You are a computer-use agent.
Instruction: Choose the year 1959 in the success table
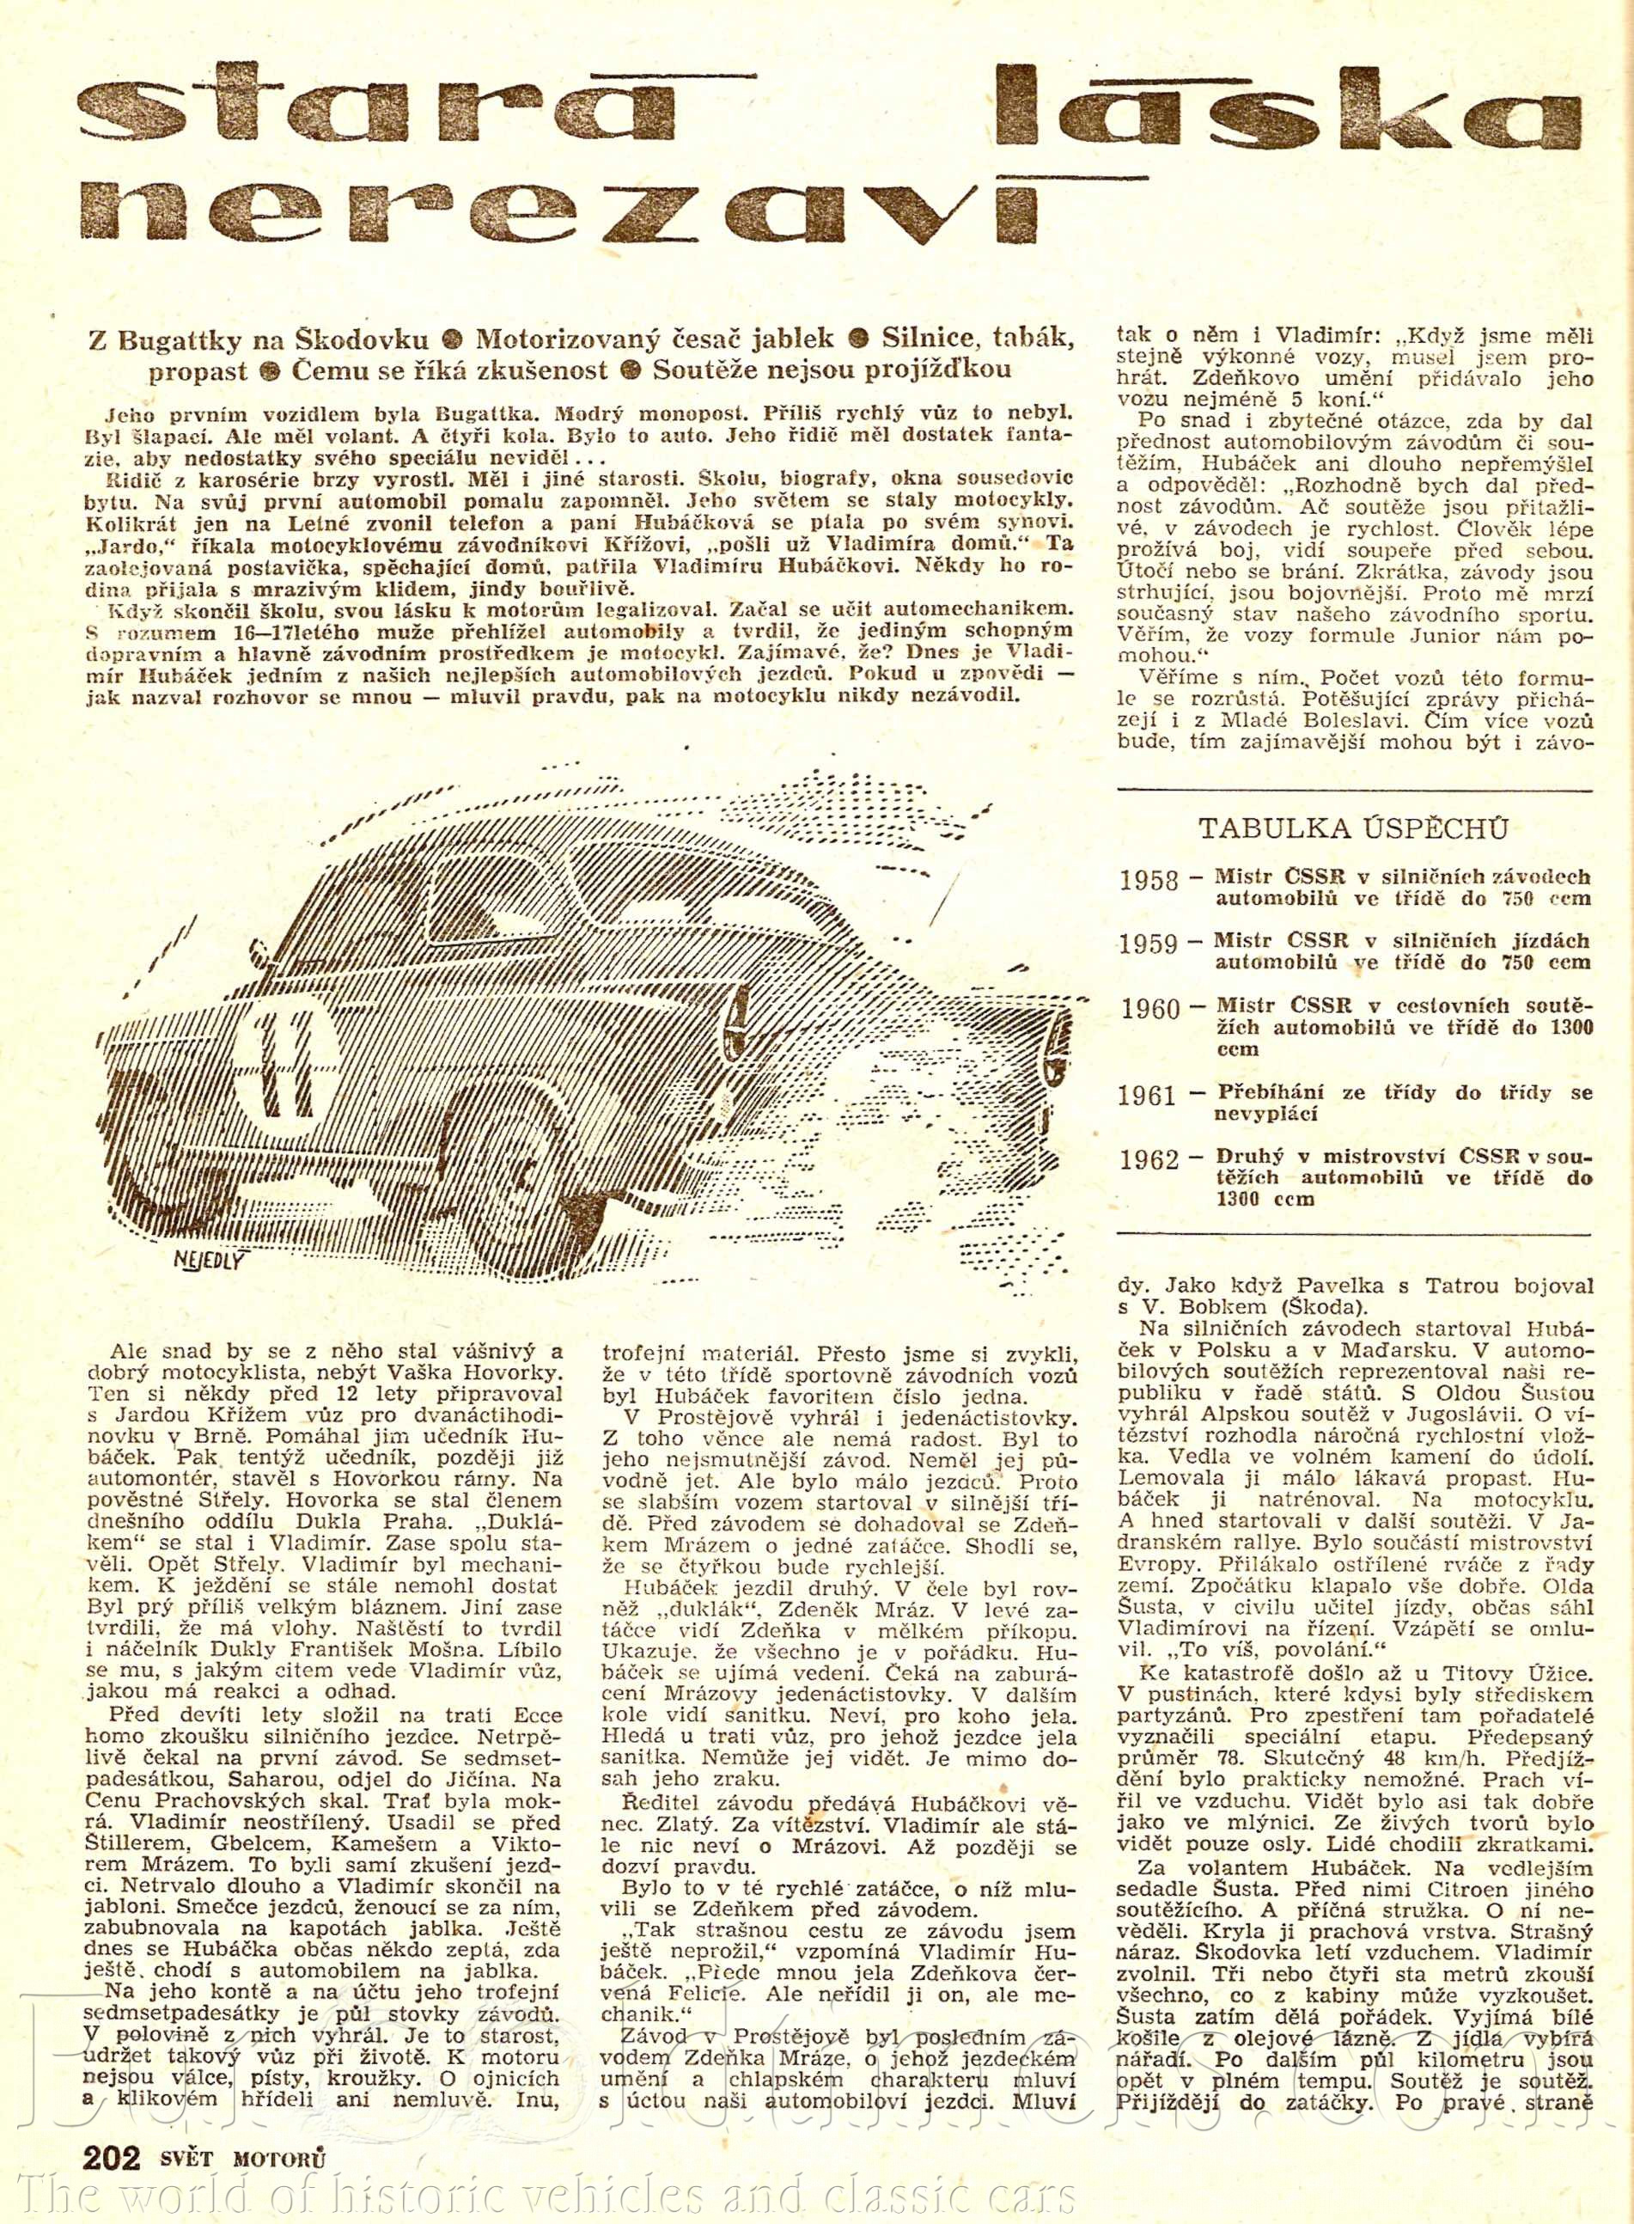pyautogui.click(x=1149, y=943)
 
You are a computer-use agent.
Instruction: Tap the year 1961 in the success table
pyautogui.click(x=1149, y=1095)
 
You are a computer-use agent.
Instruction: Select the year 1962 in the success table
pyautogui.click(x=1149, y=1158)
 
